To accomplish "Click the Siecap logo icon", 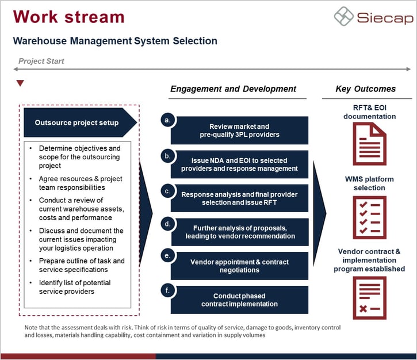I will pyautogui.click(x=345, y=16).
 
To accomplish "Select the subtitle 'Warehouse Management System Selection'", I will pyautogui.click(x=115, y=41).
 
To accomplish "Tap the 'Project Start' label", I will pyautogui.click(x=41, y=61).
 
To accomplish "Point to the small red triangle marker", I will pyautogui.click(x=20, y=83).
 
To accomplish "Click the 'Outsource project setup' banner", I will pyautogui.click(x=77, y=122).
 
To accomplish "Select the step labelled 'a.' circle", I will pyautogui.click(x=167, y=120).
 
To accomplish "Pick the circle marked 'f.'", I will pyautogui.click(x=167, y=290).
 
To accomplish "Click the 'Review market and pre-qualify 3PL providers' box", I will pyautogui.click(x=239, y=131).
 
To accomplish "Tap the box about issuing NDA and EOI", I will pyautogui.click(x=239, y=164).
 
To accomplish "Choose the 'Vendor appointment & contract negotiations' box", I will pyautogui.click(x=239, y=266).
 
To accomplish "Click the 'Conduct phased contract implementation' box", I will pyautogui.click(x=239, y=300).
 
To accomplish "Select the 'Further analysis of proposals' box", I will pyautogui.click(x=239, y=232).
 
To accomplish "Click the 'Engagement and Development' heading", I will pyautogui.click(x=233, y=89).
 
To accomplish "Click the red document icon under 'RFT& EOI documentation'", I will pyautogui.click(x=369, y=144).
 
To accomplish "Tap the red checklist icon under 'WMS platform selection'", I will pyautogui.click(x=369, y=217).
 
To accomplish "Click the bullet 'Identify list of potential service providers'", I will pyautogui.click(x=75, y=287).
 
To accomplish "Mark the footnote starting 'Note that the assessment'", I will pyautogui.click(x=182, y=331).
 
